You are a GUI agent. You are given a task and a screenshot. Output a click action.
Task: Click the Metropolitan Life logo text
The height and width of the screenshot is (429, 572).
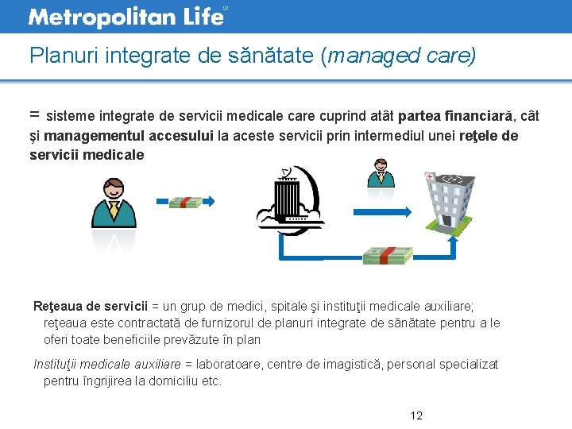[x=126, y=16]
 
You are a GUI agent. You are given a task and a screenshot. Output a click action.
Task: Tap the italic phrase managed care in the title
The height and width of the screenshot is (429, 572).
[x=400, y=56]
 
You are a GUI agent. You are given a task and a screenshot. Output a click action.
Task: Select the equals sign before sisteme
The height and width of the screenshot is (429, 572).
[x=35, y=115]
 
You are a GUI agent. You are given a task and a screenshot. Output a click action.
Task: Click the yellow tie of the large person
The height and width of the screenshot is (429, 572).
[x=114, y=211]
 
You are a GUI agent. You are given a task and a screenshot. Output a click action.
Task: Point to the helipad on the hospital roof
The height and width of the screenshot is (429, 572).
[x=455, y=179]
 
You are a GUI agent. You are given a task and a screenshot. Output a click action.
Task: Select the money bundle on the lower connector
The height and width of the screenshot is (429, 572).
[x=388, y=256]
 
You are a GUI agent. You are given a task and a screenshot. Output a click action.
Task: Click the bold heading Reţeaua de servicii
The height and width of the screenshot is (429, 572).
[x=91, y=306]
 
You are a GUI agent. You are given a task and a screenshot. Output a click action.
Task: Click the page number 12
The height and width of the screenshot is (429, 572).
[x=416, y=415]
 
